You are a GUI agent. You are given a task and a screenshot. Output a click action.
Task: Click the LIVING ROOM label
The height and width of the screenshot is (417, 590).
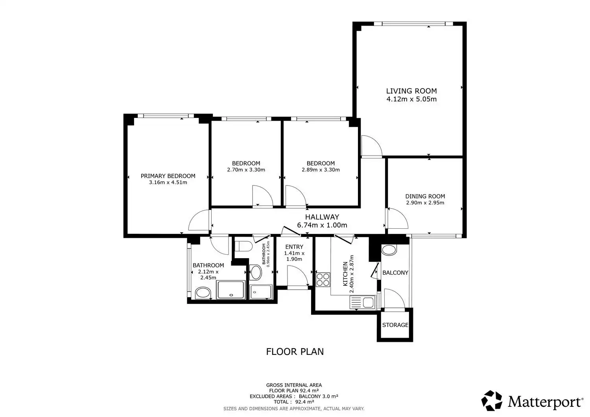click(411, 91)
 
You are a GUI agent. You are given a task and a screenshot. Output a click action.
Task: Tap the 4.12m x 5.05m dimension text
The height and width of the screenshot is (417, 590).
click(411, 99)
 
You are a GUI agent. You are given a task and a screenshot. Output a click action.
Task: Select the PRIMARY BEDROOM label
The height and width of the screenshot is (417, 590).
click(168, 176)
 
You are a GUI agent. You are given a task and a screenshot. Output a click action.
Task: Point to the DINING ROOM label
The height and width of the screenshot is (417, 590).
click(425, 196)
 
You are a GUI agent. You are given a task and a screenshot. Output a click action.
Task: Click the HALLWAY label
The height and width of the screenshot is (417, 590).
click(322, 217)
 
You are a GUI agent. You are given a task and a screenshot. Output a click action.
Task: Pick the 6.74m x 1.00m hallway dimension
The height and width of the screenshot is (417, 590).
click(322, 225)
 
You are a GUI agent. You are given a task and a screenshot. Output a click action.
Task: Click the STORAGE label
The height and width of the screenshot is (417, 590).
click(395, 325)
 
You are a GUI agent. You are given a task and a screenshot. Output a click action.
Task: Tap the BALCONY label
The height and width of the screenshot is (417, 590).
click(395, 273)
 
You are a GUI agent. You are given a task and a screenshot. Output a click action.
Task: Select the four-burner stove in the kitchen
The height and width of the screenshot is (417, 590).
click(323, 279)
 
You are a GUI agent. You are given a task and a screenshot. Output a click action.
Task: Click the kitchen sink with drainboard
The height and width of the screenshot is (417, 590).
click(362, 302)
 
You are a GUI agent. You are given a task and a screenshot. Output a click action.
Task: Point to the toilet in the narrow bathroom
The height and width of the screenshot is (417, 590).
click(243, 246)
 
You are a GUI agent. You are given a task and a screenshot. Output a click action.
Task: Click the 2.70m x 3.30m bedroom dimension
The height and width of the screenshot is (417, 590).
click(246, 170)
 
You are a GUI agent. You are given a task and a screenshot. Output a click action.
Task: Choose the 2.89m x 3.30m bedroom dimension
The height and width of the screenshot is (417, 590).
click(321, 170)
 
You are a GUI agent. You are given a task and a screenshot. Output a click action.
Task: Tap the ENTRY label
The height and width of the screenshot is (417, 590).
click(294, 247)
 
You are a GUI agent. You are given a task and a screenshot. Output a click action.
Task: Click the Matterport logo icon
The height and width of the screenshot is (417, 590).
click(492, 401)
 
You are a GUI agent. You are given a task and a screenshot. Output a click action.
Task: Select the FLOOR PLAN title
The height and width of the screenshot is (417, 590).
click(295, 352)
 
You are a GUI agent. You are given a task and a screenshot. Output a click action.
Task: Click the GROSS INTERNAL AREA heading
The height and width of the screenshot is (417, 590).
click(294, 385)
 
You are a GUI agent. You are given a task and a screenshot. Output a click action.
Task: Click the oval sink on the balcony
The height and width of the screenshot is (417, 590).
click(389, 250)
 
